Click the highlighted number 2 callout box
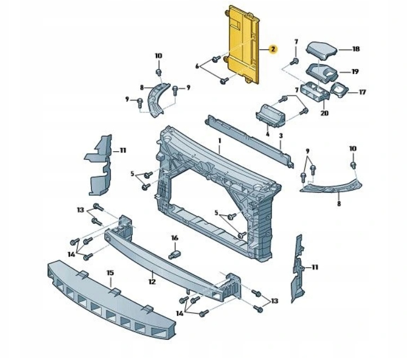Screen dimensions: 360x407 [272, 49]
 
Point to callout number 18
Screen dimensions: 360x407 [356, 49]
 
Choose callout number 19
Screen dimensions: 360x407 [355, 71]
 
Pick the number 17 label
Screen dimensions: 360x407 [362, 92]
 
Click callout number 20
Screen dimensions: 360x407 [324, 112]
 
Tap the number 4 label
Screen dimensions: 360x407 [267, 136]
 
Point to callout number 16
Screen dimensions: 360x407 [175, 238]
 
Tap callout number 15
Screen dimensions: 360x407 [110, 273]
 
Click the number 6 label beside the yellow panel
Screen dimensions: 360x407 [197, 66]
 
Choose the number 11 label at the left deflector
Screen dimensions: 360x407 [123, 150]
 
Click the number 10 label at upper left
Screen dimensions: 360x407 [158, 56]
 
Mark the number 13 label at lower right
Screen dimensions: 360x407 [274, 301]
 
